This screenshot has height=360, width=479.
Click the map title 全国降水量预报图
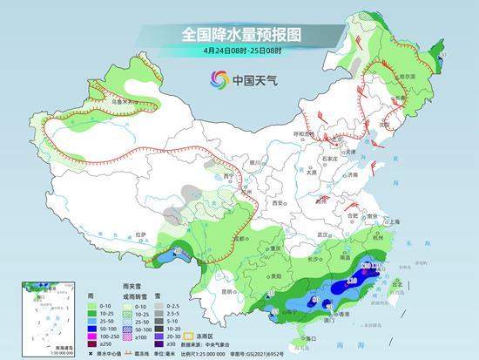coord(240,35)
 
